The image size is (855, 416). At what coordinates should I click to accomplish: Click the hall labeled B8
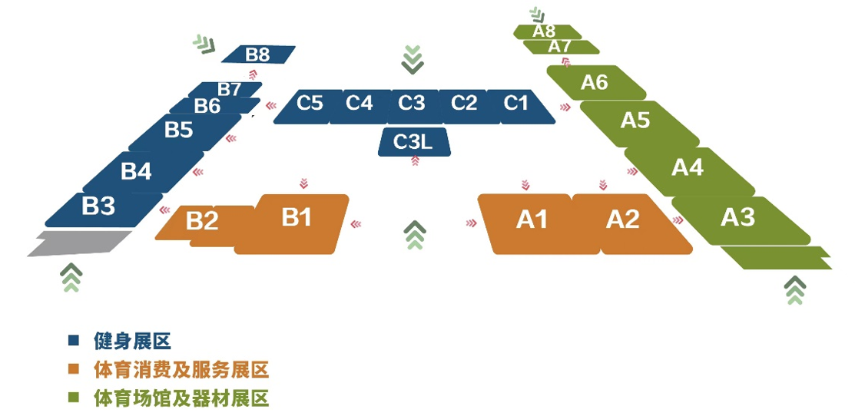coord(258,54)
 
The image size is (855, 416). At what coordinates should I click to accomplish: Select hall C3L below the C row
coord(414,142)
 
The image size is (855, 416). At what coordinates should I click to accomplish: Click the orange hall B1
coord(294,224)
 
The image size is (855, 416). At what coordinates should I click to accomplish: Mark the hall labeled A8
coord(544,31)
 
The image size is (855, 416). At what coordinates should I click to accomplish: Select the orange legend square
coord(74,370)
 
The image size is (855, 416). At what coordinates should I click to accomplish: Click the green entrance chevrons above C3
coord(413,59)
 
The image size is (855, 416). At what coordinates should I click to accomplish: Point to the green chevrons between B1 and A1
coord(416,235)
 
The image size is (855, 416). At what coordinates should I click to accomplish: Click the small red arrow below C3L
coord(415,160)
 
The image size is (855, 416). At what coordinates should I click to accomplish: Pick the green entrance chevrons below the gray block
coord(71,277)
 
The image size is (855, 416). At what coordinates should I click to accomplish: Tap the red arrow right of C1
coord(565,107)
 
